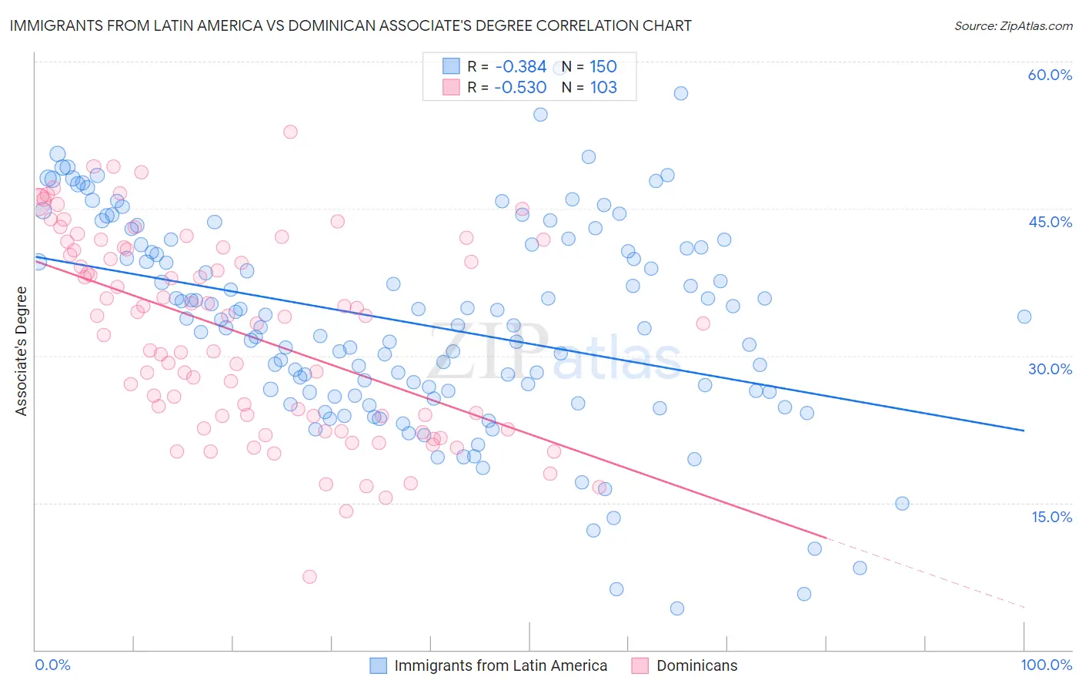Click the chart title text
(x=350, y=25)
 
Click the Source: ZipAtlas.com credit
(x=1013, y=25)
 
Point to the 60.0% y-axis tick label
(x=1050, y=75)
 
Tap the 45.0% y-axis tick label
(x=1050, y=222)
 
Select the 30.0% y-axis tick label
(x=1050, y=369)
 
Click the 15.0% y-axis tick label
(x=1051, y=516)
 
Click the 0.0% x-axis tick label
(x=53, y=665)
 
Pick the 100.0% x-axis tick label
(x=1046, y=665)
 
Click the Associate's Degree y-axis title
(x=22, y=351)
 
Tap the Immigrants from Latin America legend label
(x=500, y=665)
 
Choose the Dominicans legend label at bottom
(x=696, y=665)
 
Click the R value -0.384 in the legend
(x=520, y=67)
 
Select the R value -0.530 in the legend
(x=520, y=87)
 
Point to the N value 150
(x=603, y=67)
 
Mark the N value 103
(x=603, y=87)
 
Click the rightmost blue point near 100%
(x=1024, y=317)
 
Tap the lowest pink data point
(x=309, y=576)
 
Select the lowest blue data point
(x=676, y=608)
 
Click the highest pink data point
(x=290, y=132)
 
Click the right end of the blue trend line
(x=1024, y=431)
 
